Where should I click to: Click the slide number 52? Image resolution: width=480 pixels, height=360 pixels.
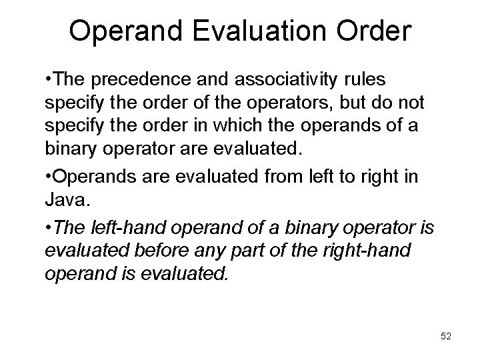(446, 337)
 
